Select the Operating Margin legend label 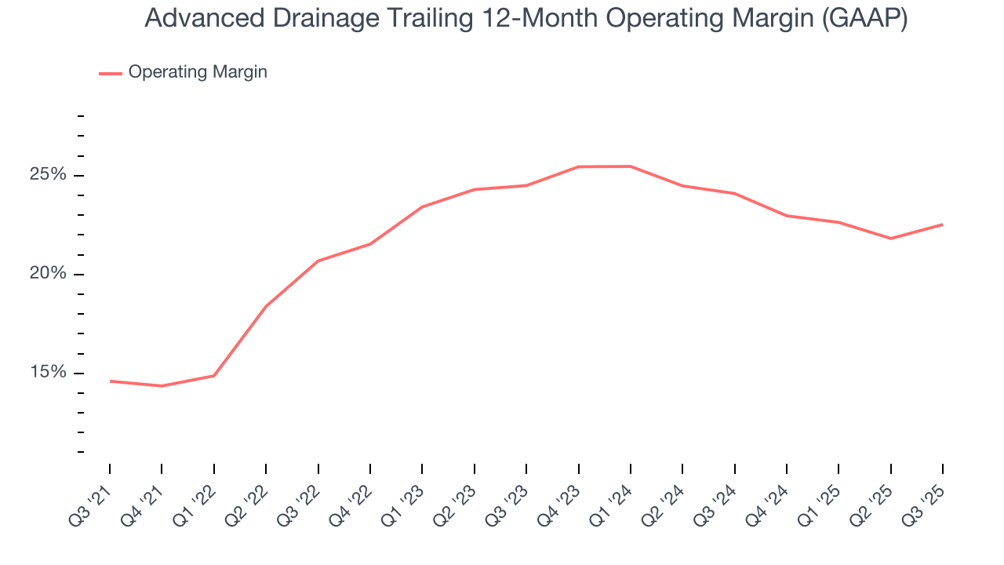click(198, 72)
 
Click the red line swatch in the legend click(110, 73)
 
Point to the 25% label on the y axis click(48, 175)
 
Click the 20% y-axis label click(48, 274)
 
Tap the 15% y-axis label click(48, 373)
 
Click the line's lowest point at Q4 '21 click(162, 386)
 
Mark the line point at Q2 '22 click(266, 306)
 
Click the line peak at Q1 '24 click(631, 166)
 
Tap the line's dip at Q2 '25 click(891, 239)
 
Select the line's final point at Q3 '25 click(943, 224)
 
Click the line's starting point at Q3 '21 click(110, 381)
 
